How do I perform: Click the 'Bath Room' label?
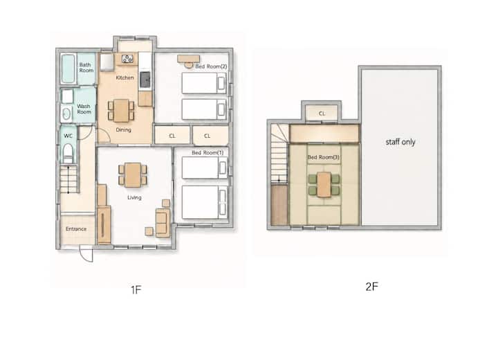click(86, 67)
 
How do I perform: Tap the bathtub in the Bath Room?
click(68, 69)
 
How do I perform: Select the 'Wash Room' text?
click(84, 109)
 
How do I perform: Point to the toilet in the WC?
click(68, 154)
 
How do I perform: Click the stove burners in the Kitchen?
click(127, 59)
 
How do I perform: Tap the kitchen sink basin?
click(145, 80)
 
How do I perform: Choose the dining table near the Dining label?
click(121, 110)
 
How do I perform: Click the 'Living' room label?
click(134, 197)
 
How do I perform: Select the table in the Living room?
click(133, 175)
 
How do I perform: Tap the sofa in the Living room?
click(162, 223)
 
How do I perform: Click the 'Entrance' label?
click(76, 228)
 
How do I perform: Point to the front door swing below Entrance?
click(86, 253)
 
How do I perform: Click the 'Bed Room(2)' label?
click(211, 66)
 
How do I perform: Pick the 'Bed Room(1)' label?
click(207, 152)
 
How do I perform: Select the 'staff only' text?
click(400, 142)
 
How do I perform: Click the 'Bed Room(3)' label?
click(323, 157)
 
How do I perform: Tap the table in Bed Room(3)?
click(324, 184)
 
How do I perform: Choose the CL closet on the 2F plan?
click(322, 114)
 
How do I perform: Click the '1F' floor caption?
click(136, 289)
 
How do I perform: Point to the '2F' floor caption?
click(372, 287)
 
